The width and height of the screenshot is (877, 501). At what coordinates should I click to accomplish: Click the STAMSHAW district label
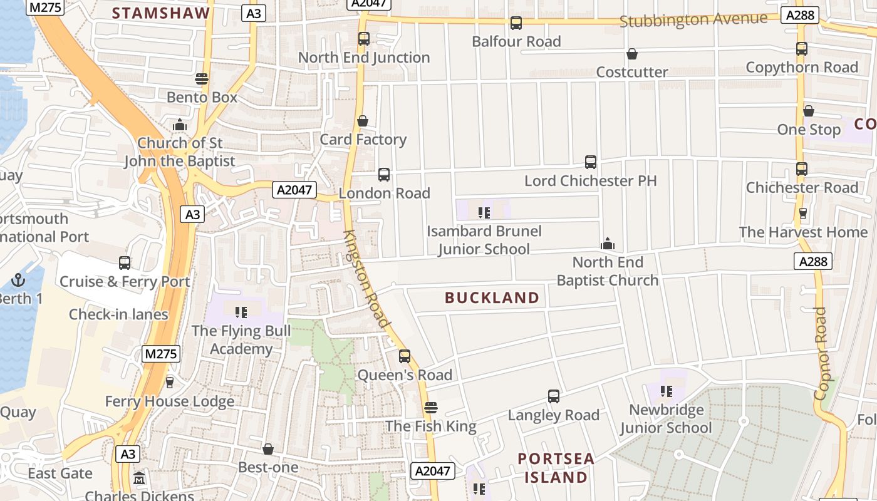pyautogui.click(x=160, y=13)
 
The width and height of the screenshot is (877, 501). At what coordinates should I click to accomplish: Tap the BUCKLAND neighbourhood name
pyautogui.click(x=492, y=297)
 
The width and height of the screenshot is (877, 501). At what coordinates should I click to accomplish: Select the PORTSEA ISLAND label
pyautogui.click(x=556, y=468)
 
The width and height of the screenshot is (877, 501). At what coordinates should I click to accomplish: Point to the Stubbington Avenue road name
pyautogui.click(x=693, y=19)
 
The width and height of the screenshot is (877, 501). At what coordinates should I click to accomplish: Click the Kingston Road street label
pyautogui.click(x=367, y=279)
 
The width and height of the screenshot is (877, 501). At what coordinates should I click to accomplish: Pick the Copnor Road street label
pyautogui.click(x=821, y=353)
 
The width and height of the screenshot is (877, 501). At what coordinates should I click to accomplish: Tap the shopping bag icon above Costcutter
pyautogui.click(x=632, y=54)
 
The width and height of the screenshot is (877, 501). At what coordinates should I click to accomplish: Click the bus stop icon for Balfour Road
pyautogui.click(x=516, y=23)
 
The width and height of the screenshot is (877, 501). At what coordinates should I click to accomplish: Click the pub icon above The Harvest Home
pyautogui.click(x=803, y=214)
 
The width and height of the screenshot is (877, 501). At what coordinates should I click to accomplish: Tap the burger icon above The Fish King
pyautogui.click(x=430, y=408)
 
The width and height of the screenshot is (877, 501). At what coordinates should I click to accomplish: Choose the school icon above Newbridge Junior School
pyautogui.click(x=666, y=392)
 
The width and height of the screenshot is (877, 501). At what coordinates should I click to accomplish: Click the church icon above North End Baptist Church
pyautogui.click(x=607, y=244)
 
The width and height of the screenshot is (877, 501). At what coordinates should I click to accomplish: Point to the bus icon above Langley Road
pyautogui.click(x=554, y=396)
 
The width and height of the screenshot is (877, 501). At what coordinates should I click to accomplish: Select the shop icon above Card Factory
pyautogui.click(x=363, y=121)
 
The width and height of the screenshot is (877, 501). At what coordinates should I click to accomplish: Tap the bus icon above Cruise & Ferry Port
pyautogui.click(x=125, y=263)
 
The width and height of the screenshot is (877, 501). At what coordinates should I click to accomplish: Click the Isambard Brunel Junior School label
pyautogui.click(x=484, y=240)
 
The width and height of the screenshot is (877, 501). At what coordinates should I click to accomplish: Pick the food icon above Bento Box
pyautogui.click(x=201, y=79)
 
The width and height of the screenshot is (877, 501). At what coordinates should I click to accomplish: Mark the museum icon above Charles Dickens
pyautogui.click(x=139, y=478)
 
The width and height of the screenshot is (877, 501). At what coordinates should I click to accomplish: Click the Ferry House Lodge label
pyautogui.click(x=169, y=401)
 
